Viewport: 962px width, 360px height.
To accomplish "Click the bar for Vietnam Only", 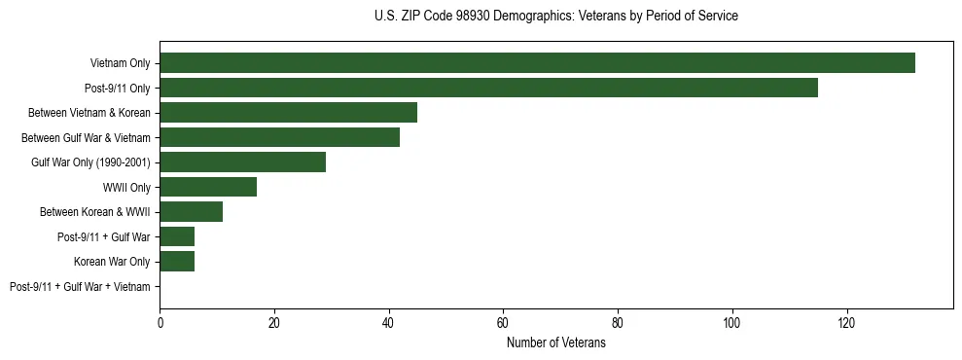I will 537,63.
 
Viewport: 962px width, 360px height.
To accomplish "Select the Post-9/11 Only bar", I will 488,88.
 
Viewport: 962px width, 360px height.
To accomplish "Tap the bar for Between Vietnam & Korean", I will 288,113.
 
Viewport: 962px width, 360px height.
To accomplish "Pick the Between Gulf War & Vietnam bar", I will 279,137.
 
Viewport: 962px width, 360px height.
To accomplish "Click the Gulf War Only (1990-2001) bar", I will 242,162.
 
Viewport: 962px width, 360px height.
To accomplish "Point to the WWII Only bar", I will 208,187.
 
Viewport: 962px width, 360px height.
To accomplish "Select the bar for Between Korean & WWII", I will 191,212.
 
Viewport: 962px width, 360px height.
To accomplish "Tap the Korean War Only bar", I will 177,262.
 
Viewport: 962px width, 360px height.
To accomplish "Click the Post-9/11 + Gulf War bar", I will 177,236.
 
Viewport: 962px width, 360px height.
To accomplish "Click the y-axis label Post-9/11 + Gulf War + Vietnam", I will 80,287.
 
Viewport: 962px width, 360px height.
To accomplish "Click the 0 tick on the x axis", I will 160,323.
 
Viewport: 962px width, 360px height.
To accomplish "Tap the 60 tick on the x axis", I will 503,323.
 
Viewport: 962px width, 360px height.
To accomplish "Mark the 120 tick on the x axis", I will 846,323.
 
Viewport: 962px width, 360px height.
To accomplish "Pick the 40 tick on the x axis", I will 389,323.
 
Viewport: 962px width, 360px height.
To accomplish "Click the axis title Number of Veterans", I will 555,343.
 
